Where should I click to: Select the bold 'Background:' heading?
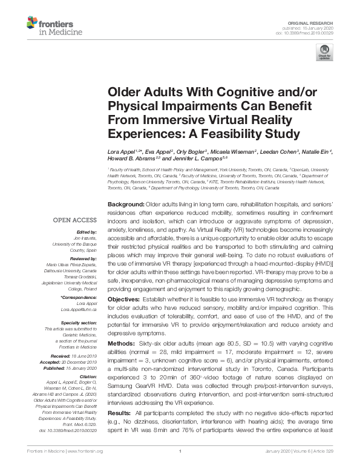coord(126,205)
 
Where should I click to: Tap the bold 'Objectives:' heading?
coord(125,300)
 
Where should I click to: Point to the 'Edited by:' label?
coord(85,232)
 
